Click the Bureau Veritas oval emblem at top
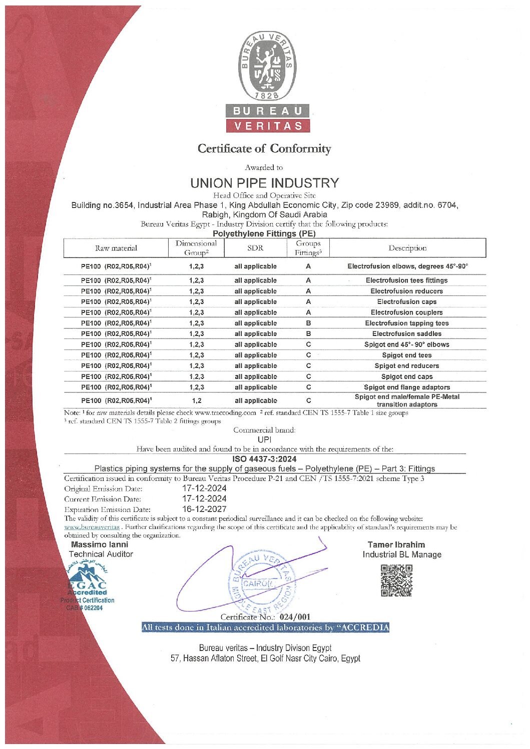(268, 66)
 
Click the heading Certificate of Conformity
(264, 148)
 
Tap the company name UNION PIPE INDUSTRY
(264, 183)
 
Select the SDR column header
(255, 247)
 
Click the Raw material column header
(116, 248)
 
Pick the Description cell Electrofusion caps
(406, 301)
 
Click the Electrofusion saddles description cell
(406, 333)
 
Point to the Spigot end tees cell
(406, 355)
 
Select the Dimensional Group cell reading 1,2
(196, 400)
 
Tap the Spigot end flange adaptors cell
(406, 387)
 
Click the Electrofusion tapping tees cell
(406, 323)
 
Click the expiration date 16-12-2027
(204, 509)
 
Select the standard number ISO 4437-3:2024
(264, 458)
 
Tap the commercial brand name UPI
(264, 439)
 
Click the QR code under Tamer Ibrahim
(396, 580)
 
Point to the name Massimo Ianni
(100, 544)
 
